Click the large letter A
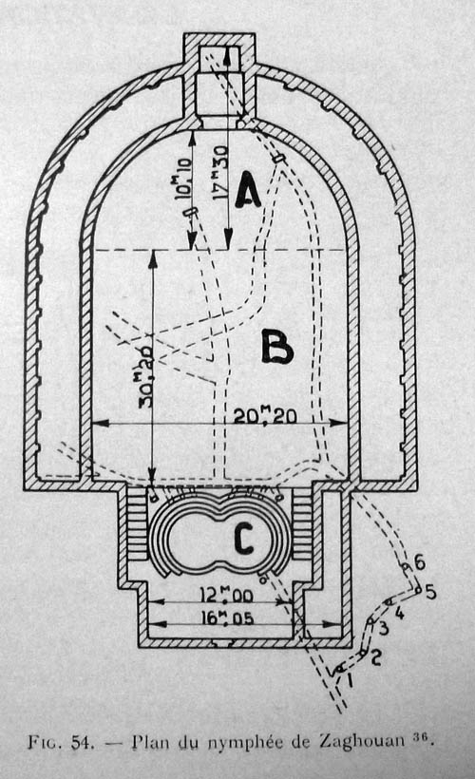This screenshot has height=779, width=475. pos(248,189)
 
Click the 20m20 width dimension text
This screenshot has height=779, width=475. pos(266,414)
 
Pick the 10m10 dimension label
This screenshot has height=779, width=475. pos(182,180)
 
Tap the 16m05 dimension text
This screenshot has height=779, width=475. pos(228,617)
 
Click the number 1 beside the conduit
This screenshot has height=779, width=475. pos(350,679)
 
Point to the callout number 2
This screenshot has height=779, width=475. pos(376,656)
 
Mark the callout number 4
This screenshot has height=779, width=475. pos(399,613)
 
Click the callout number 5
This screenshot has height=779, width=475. pos(430,592)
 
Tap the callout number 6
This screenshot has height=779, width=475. pos(420,563)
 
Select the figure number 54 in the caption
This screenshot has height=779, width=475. pos(82,742)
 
